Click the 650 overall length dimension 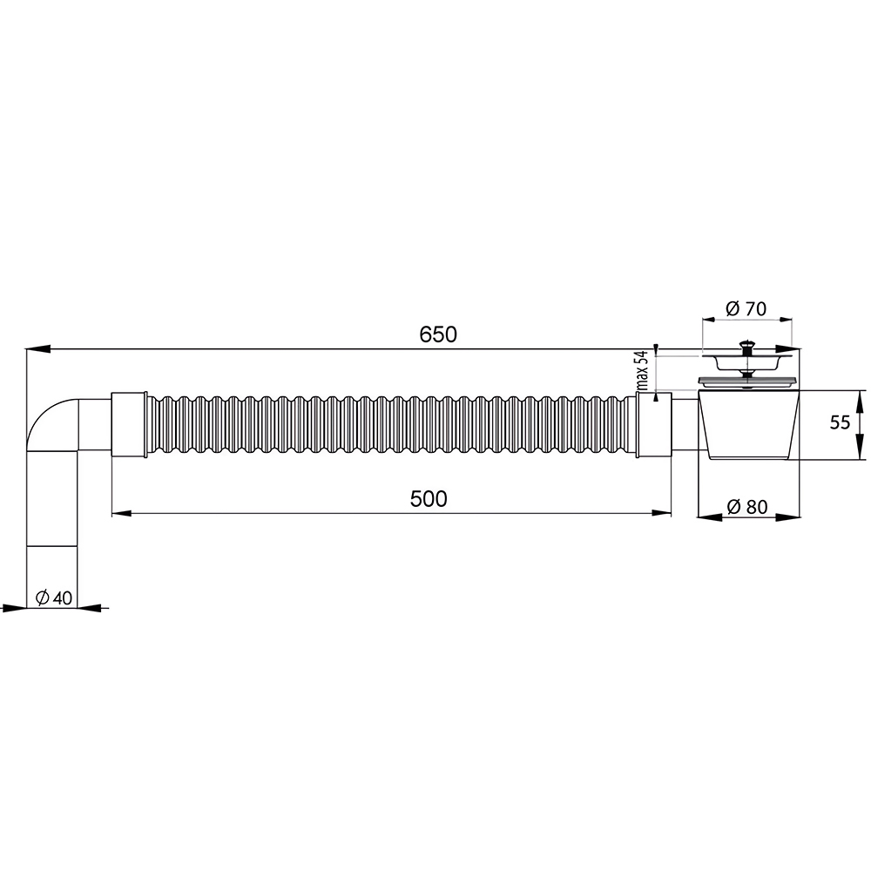[x=438, y=334]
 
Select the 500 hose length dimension [x=429, y=499]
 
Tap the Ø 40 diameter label [x=54, y=598]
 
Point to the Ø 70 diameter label [x=746, y=308]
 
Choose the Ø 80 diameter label [x=747, y=507]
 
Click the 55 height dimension [x=840, y=422]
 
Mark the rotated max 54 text [x=643, y=372]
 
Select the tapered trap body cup [x=748, y=426]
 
